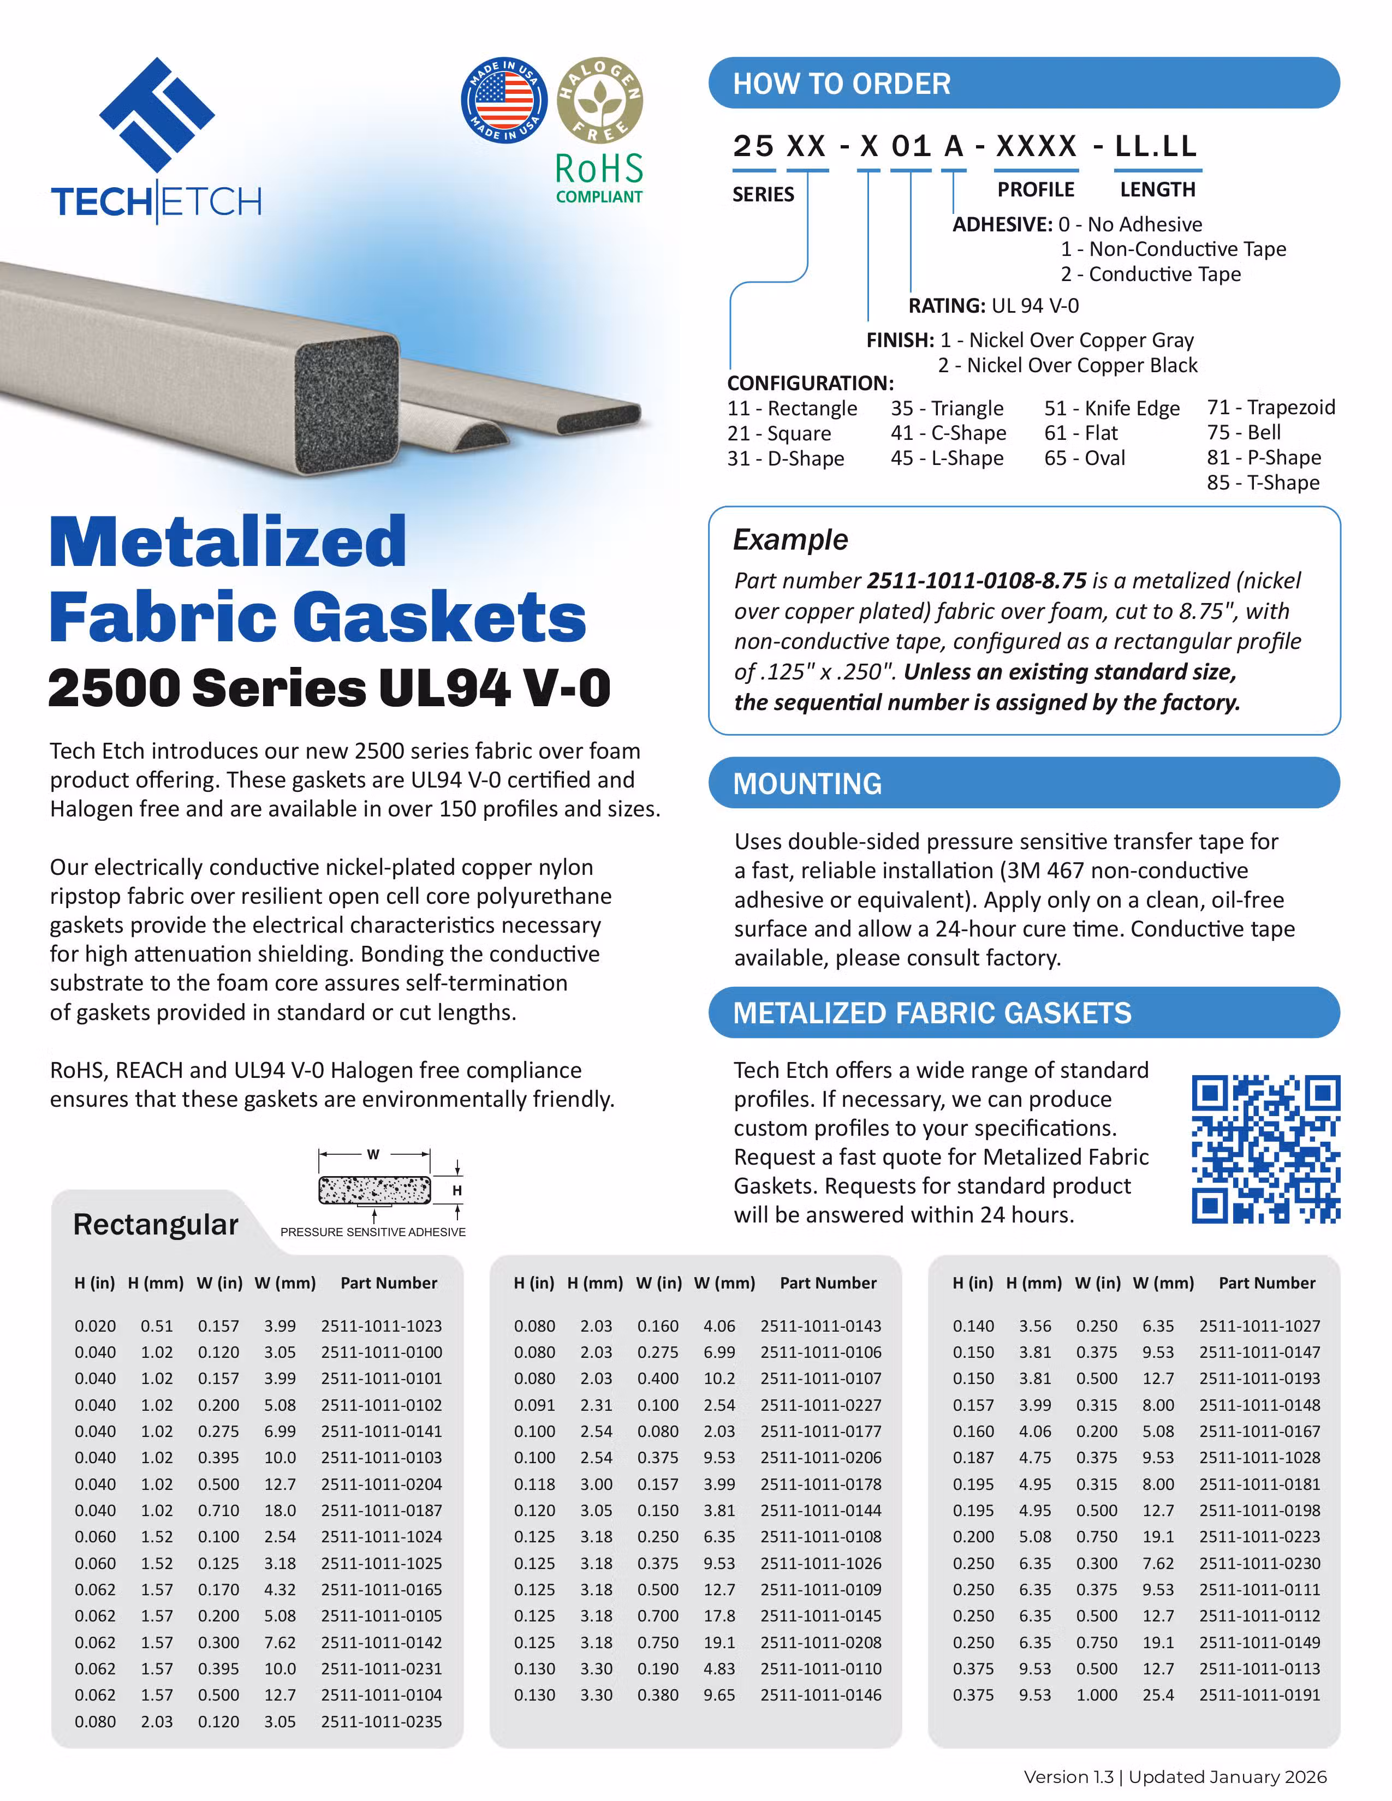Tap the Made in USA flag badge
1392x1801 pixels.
(x=504, y=100)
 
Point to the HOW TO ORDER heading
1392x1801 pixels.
(x=841, y=84)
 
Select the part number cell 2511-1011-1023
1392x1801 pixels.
(x=381, y=1326)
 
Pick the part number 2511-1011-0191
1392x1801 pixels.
(x=1259, y=1695)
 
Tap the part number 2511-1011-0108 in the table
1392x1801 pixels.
(x=820, y=1536)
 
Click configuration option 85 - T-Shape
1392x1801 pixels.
(x=1263, y=482)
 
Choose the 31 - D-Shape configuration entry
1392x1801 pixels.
(x=785, y=458)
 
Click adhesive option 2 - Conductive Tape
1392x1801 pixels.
(x=1150, y=274)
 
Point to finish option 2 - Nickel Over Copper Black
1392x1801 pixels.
(x=1067, y=365)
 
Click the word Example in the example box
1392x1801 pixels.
(x=790, y=539)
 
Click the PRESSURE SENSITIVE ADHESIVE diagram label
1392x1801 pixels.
(x=373, y=1232)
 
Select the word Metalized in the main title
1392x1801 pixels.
(x=228, y=542)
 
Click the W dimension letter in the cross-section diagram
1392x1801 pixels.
(x=373, y=1154)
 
